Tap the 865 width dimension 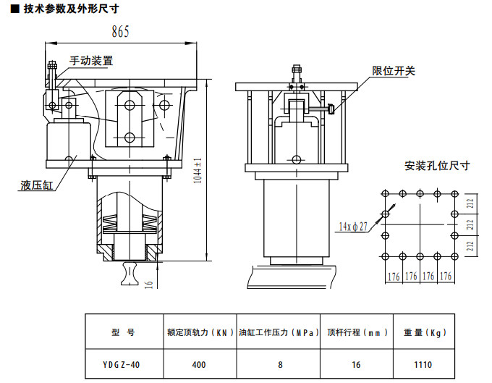121,31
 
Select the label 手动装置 91,62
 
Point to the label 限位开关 394,71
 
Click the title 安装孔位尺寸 437,166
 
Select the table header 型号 124,333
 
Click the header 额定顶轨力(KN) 200,333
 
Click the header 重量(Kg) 424,333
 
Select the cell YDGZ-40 124,364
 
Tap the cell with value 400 200,364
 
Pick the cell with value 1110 424,364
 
